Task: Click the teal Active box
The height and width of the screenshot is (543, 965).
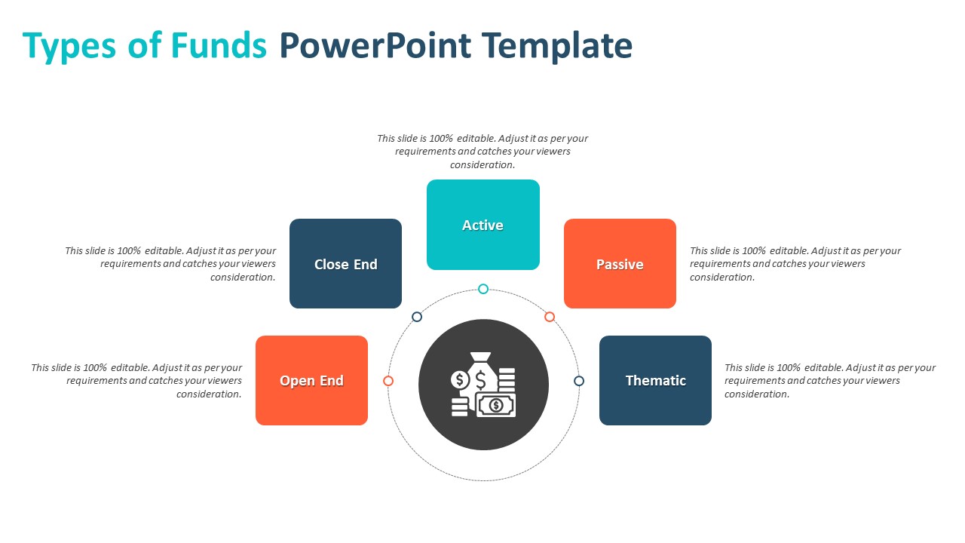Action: coord(482,225)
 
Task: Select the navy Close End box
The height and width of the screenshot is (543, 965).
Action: coord(345,263)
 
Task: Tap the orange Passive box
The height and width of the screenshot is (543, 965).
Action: coord(620,263)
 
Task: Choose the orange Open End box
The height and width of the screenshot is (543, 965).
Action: coord(311,380)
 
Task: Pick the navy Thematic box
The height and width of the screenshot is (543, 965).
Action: coord(655,380)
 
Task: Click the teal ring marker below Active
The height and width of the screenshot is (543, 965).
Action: coord(483,289)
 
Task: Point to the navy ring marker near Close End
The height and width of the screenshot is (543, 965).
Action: coord(417,317)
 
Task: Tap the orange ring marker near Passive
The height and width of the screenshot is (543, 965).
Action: coord(550,317)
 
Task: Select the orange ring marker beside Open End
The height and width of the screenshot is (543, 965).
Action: coord(388,381)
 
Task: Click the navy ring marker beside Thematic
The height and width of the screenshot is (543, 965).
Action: coord(579,381)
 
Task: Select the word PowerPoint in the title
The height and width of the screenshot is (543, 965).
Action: coord(375,45)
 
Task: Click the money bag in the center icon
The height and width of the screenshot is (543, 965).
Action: coord(481,372)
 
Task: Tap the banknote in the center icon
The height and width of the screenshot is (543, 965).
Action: coord(496,405)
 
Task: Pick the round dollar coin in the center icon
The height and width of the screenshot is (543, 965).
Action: coord(459,379)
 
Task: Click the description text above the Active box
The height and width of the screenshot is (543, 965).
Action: coord(482,152)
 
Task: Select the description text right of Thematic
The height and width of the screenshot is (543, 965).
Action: coord(829,381)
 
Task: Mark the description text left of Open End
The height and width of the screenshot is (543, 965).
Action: coord(136,381)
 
